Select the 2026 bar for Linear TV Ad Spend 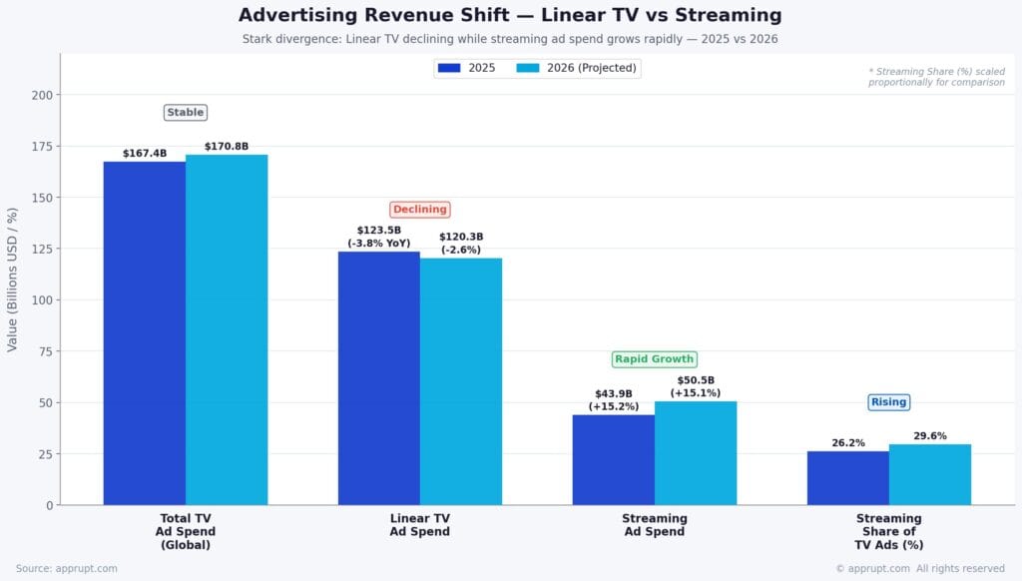[461, 381]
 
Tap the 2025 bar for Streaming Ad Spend [614, 459]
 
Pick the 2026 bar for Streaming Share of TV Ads [930, 474]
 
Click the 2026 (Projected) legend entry [579, 68]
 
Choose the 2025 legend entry [467, 68]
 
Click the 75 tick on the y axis [43, 351]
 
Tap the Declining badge [420, 210]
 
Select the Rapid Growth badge [654, 359]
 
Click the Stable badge [186, 113]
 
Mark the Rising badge [888, 402]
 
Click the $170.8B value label [227, 147]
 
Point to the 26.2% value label [848, 443]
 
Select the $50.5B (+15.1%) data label [696, 386]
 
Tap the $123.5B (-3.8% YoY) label [379, 237]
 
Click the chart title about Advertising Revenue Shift [510, 16]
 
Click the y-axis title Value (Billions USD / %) [13, 280]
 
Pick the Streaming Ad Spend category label [655, 525]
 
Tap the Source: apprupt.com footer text [67, 568]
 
